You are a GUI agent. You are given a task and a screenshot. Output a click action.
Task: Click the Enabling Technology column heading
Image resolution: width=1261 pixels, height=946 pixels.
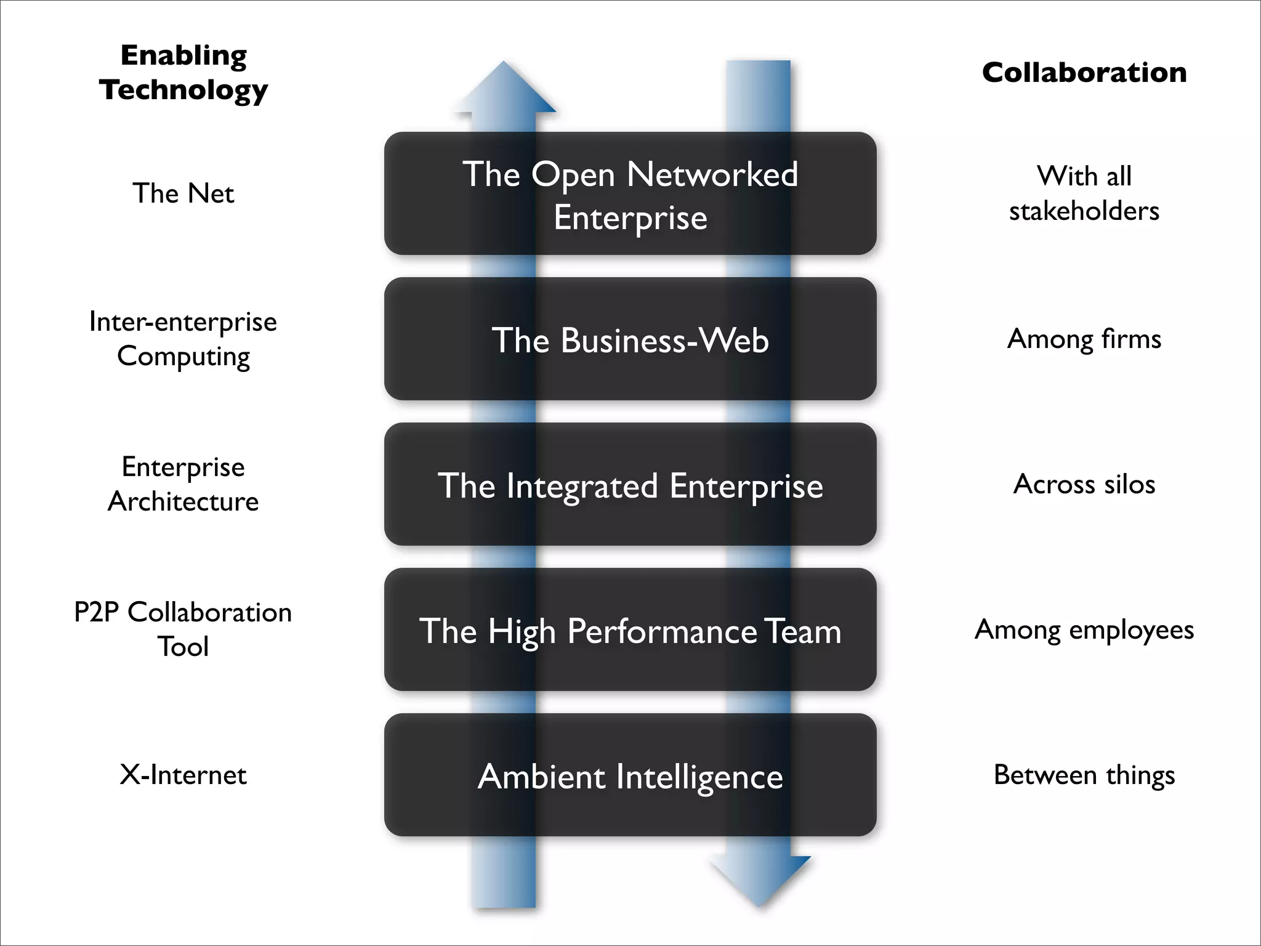[183, 72]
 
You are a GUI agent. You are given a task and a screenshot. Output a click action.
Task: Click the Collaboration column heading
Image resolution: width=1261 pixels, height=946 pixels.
[1084, 73]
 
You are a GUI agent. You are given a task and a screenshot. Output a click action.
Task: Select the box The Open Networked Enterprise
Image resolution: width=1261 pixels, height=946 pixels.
[630, 193]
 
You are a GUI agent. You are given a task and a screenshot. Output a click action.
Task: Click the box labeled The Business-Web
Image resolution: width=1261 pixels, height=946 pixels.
[630, 339]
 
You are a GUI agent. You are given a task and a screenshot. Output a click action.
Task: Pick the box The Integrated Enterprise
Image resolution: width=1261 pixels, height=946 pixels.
[630, 485]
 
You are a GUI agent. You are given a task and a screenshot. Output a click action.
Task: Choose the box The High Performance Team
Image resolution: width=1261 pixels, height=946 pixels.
[630, 630]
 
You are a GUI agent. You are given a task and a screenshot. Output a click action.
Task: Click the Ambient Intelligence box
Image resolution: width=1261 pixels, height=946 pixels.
[630, 775]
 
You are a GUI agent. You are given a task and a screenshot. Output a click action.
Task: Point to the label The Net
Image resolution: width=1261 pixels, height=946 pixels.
[183, 193]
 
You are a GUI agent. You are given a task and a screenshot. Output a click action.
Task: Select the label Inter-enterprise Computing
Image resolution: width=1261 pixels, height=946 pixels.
[183, 339]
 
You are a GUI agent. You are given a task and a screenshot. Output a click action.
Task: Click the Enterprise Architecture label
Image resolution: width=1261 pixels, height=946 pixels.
[183, 484]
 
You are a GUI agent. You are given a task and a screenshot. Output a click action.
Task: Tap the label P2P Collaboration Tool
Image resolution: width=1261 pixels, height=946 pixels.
[183, 629]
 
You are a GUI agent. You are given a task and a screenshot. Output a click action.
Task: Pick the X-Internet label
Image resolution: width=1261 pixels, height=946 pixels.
[183, 775]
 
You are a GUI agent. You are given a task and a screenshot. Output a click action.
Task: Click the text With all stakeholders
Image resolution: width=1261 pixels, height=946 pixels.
[1084, 193]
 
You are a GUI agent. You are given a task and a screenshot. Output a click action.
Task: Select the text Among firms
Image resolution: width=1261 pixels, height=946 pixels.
[1084, 339]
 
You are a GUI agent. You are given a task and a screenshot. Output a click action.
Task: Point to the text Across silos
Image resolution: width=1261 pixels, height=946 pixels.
[1084, 484]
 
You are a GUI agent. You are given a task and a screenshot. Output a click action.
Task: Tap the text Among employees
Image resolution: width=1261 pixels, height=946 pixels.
[1084, 629]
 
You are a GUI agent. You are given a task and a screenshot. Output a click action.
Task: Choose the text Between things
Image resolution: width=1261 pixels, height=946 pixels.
[1084, 775]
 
